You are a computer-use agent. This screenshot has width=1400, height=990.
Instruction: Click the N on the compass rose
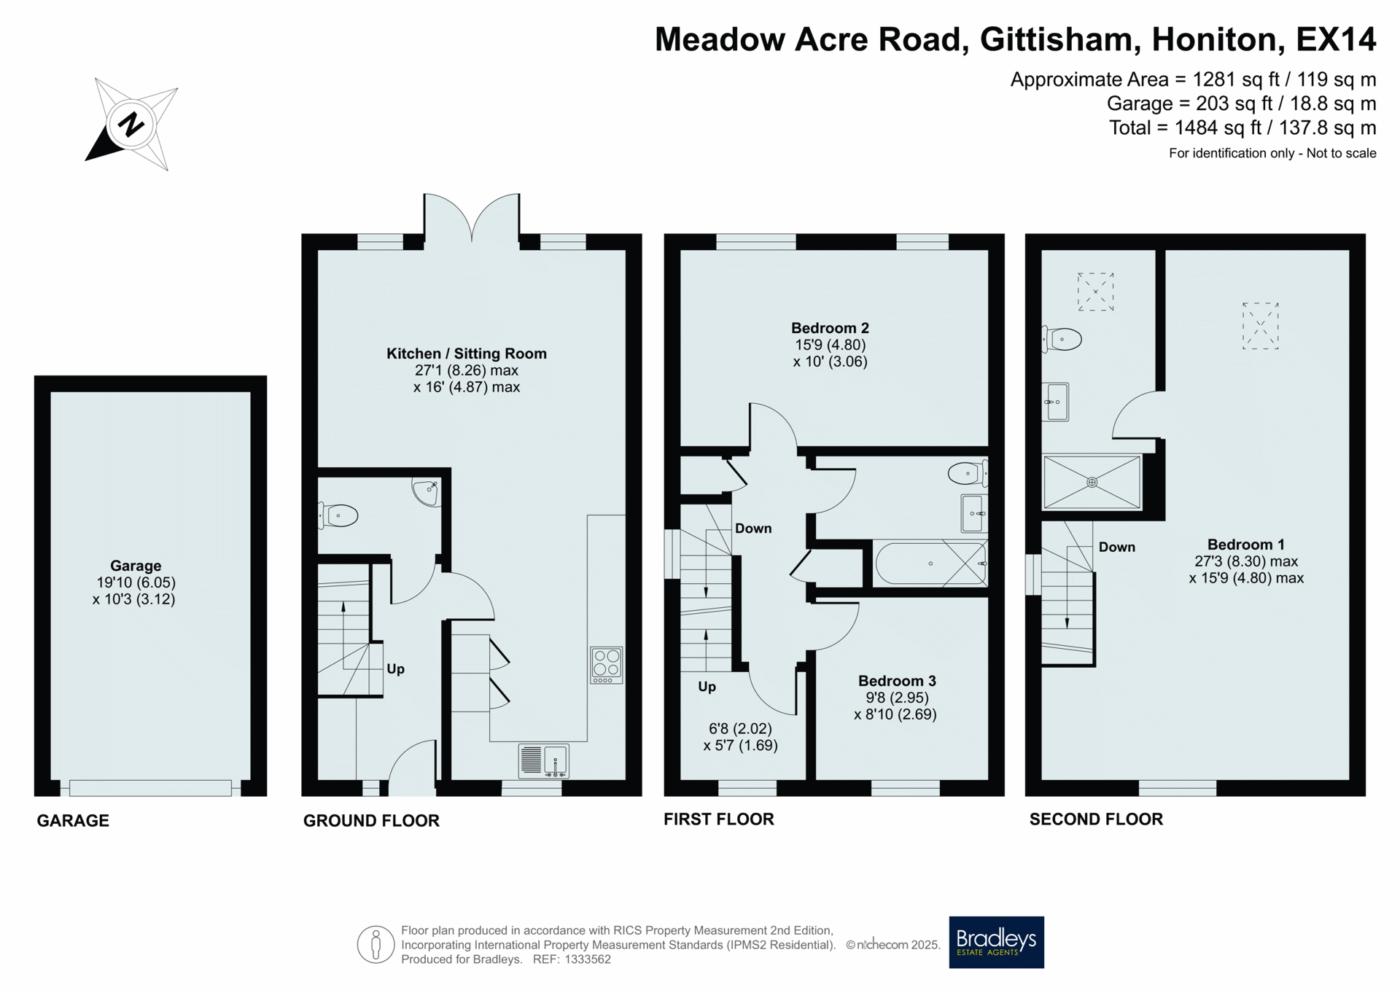[x=131, y=125]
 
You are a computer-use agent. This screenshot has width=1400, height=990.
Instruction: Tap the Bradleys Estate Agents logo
[x=996, y=942]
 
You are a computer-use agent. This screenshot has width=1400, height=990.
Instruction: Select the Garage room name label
[x=136, y=566]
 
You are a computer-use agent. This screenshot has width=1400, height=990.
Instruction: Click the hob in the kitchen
[x=606, y=665]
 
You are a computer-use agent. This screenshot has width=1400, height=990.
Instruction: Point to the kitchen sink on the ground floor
[x=543, y=760]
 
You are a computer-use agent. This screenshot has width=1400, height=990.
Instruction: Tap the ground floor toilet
[x=338, y=515]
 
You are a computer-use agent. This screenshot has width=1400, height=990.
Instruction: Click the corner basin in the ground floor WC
[x=427, y=491]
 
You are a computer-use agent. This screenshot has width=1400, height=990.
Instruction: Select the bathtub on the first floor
[x=931, y=563]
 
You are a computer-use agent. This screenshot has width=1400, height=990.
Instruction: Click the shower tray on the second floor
[x=1092, y=482]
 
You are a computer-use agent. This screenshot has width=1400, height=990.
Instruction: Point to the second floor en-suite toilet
[x=1062, y=339]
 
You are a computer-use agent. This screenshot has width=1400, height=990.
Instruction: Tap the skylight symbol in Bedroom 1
[x=1260, y=326]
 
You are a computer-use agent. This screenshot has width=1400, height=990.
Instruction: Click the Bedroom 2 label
[x=830, y=328]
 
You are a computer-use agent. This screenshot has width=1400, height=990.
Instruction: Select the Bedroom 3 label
[x=897, y=681]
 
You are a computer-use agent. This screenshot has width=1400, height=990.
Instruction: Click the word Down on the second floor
[x=1116, y=547]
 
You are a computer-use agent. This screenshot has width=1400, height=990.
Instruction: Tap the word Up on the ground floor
[x=395, y=669]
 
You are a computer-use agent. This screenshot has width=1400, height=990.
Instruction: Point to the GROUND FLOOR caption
[x=371, y=821]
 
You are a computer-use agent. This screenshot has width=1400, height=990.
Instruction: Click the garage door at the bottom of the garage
[x=150, y=787]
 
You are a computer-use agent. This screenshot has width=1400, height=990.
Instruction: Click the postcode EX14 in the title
[x=1336, y=39]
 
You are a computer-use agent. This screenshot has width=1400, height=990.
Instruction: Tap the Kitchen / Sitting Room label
[x=467, y=354]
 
